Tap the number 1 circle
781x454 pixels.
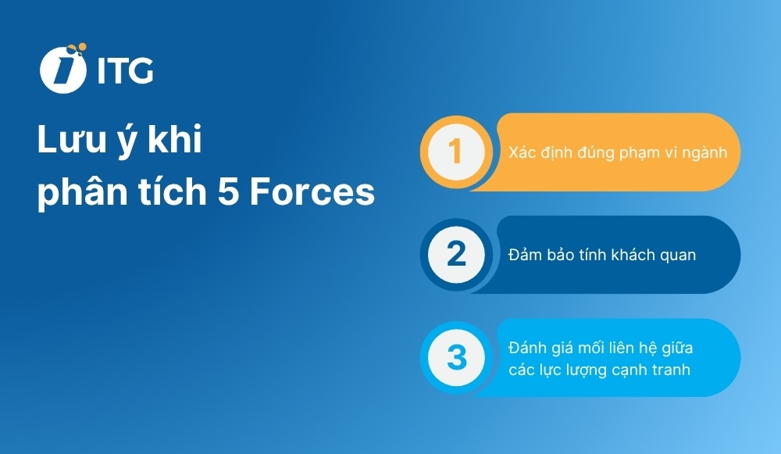tap(457, 152)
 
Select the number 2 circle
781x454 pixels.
tap(457, 255)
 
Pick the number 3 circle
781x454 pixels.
tap(457, 357)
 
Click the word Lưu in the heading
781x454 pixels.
tap(66, 142)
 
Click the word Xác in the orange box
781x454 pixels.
tap(522, 152)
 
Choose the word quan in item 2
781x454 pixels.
tap(676, 256)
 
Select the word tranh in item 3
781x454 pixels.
tap(669, 370)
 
